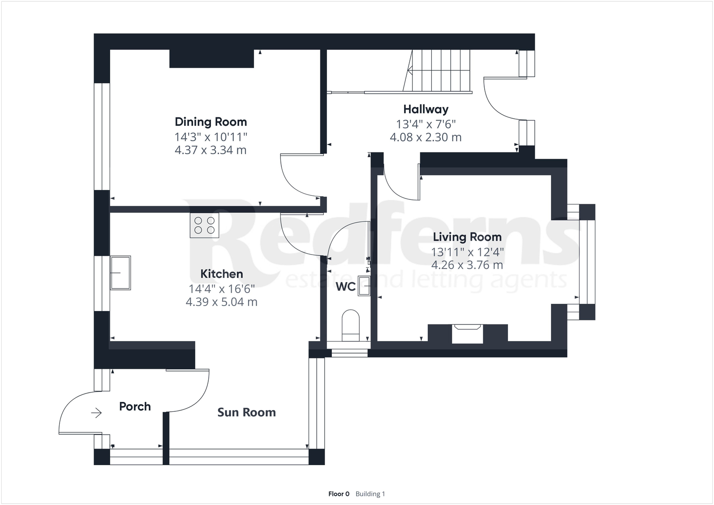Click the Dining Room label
[211, 122]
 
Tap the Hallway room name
[426, 109]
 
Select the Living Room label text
[467, 237]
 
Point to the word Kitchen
[222, 274]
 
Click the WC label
[345, 287]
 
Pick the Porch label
[135, 406]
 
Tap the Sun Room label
[246, 412]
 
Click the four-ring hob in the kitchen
[204, 225]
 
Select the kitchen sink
[120, 272]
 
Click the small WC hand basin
[364, 286]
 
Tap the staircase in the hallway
[437, 71]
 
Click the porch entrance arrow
[96, 413]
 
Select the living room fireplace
[467, 334]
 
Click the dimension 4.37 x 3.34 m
[211, 150]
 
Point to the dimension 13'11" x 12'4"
[467, 252]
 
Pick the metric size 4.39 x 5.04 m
[222, 302]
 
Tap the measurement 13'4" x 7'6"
[426, 124]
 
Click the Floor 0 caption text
[339, 494]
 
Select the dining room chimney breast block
[211, 59]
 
